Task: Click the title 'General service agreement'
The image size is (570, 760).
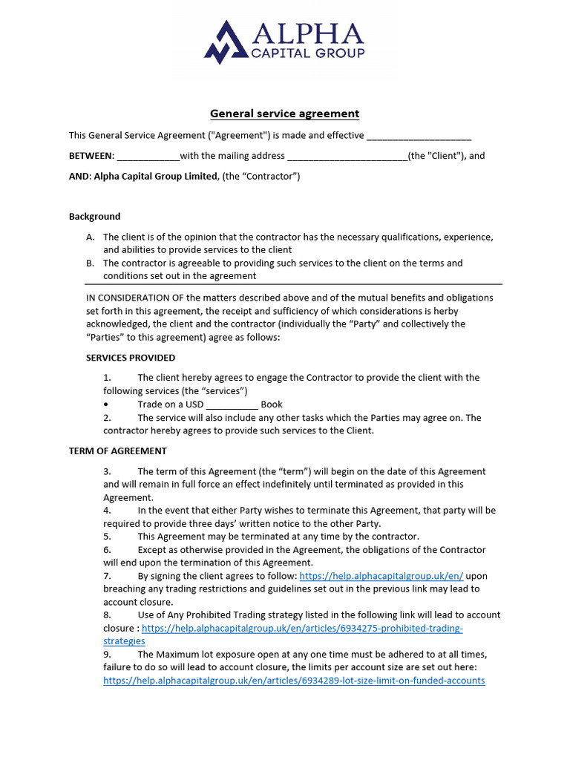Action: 284,114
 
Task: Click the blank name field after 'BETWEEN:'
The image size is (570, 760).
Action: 148,157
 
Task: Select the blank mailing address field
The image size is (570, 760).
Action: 347,157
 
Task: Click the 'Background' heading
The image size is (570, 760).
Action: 94,217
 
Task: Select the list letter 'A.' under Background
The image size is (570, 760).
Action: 91,237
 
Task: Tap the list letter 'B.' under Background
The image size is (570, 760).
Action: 91,263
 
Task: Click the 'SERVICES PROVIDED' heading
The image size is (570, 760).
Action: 131,358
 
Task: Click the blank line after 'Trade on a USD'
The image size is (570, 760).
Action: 232,405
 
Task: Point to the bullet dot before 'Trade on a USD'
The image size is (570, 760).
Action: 107,404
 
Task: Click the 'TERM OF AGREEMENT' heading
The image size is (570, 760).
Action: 118,451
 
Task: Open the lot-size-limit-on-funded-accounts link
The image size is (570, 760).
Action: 294,681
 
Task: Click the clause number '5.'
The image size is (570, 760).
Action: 107,537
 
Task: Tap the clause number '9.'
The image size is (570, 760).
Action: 107,655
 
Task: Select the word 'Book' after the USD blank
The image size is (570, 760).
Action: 272,404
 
